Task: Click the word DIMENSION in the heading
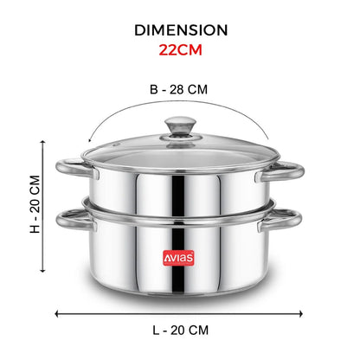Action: (181, 30)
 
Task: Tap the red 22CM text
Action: (181, 50)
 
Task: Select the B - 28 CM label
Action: (178, 89)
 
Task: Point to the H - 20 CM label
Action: (35, 204)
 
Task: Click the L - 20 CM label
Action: (180, 331)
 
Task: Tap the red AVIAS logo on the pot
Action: (178, 258)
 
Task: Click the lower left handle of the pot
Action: (74, 220)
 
